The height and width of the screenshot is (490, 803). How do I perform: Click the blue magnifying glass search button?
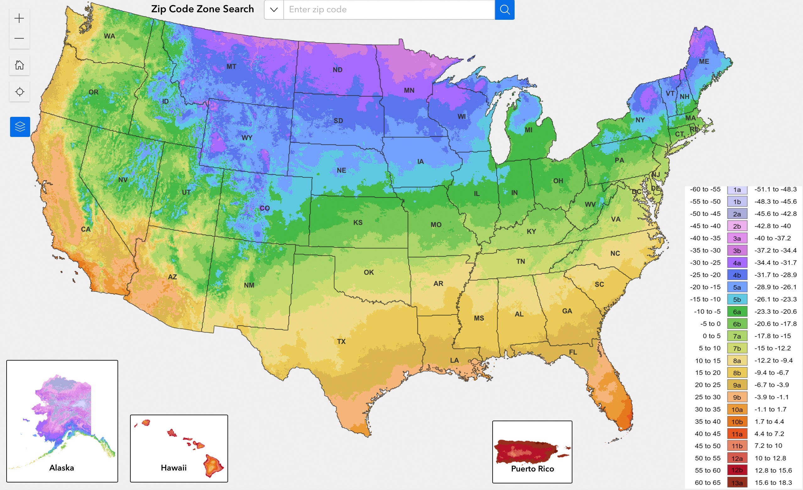[x=505, y=10]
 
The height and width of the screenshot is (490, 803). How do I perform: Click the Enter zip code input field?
[x=389, y=10]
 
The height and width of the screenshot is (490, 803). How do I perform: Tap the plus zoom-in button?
[x=19, y=18]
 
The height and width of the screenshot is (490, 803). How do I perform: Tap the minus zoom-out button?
[x=19, y=38]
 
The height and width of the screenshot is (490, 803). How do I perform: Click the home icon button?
[x=19, y=65]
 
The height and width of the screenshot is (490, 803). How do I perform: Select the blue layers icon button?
[x=20, y=127]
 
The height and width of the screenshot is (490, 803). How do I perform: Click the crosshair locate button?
[x=19, y=91]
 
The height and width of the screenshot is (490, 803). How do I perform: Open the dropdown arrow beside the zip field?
[x=274, y=10]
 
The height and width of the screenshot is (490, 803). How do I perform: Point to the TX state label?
[x=341, y=341]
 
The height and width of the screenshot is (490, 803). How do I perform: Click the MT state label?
[x=232, y=67]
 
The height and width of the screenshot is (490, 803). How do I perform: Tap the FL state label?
[x=573, y=352]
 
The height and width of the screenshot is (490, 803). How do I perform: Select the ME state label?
[x=704, y=61]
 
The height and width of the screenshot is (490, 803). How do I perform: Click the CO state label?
[x=265, y=208]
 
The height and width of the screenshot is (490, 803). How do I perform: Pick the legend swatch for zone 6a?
[x=737, y=312]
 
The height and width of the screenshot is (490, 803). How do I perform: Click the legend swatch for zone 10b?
[x=737, y=422]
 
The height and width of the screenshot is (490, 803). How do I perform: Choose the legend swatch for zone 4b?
[x=737, y=275]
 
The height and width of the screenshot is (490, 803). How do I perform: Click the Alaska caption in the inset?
[x=62, y=468]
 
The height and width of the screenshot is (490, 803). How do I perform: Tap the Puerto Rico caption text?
[x=532, y=469]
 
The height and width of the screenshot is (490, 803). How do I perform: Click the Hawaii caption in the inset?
[x=174, y=468]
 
